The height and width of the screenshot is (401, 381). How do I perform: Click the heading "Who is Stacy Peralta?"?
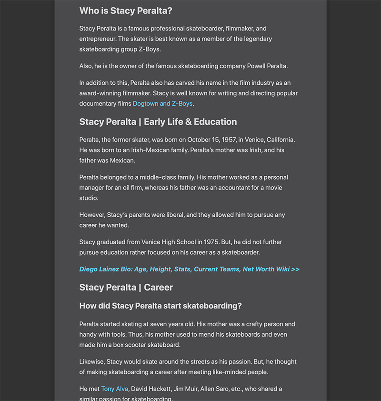pos(126,10)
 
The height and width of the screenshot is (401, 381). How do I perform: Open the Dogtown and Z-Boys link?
pos(162,103)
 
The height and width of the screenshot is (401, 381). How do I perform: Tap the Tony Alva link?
pos(114,389)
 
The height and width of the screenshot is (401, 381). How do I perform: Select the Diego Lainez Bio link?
pos(189,269)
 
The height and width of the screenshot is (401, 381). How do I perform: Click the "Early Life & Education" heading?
pos(190,121)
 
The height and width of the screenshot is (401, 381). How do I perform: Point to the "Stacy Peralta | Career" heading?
pos(126,287)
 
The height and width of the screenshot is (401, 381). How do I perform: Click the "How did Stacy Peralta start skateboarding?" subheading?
pos(160,306)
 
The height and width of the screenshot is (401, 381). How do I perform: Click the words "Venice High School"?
pos(169,242)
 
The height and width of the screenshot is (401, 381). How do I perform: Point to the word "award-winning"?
pos(100,93)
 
